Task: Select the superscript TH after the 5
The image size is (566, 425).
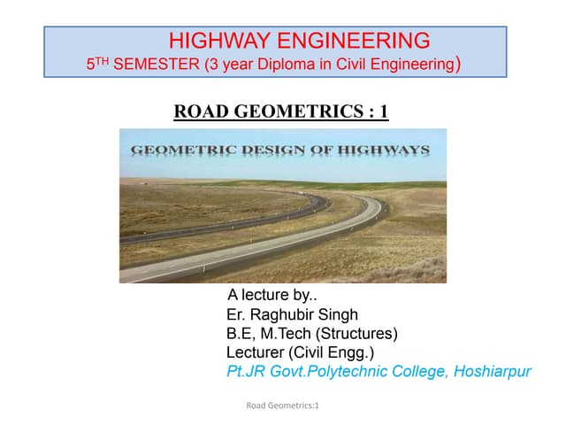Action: tap(103, 61)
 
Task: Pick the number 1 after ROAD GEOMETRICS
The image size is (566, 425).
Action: tap(382, 112)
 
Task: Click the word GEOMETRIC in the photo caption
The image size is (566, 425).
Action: tap(180, 151)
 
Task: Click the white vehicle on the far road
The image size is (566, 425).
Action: tap(303, 196)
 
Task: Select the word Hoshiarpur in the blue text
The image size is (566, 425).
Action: tap(492, 371)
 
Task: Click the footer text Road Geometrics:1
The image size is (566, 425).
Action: tap(282, 406)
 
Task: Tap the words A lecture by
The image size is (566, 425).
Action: tap(265, 296)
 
